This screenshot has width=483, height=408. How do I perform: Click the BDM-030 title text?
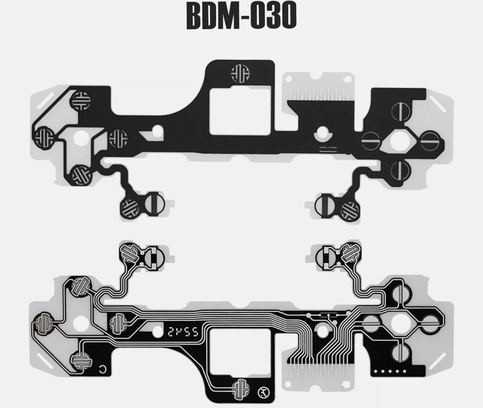241,16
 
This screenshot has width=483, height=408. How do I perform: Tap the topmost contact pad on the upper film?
240,73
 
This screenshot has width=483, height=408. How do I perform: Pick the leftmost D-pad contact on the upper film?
43,136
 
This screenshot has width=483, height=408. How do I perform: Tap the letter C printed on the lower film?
103,369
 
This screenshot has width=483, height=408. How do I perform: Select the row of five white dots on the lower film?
390,371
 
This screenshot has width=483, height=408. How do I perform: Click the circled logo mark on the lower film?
263,392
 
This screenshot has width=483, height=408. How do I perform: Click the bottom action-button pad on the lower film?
401,349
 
